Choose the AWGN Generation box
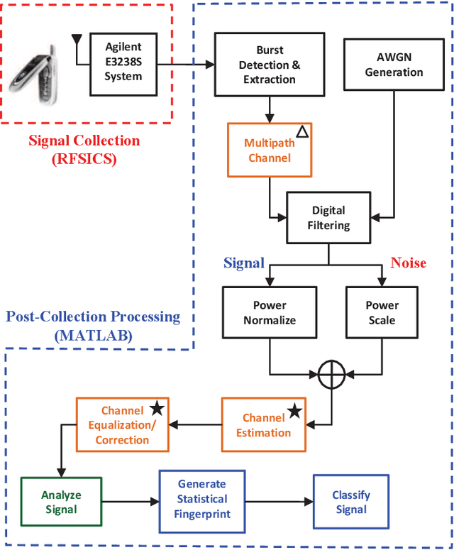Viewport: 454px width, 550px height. click(x=390, y=65)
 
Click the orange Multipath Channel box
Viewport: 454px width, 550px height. click(x=269, y=150)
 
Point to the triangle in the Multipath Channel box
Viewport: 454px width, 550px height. click(x=301, y=132)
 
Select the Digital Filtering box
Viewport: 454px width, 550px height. click(x=328, y=218)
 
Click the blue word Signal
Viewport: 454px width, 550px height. click(x=244, y=263)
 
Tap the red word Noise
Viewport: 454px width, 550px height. click(x=408, y=263)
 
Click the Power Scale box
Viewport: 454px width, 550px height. click(x=382, y=313)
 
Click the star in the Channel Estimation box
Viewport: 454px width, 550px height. click(x=294, y=412)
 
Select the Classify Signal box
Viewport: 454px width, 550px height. click(x=351, y=502)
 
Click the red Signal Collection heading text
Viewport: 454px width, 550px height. click(x=84, y=141)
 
